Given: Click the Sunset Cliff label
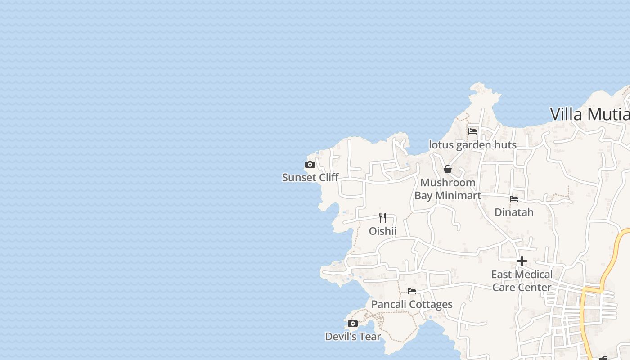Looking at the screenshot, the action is [310, 177].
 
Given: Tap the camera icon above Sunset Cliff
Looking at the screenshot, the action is [310, 165].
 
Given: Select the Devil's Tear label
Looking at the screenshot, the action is [353, 336].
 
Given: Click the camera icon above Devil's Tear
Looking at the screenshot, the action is [353, 324].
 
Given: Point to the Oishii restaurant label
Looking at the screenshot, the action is [382, 231].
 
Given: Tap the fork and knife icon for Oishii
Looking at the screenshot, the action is [382, 218].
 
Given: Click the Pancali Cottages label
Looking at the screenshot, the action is [412, 304].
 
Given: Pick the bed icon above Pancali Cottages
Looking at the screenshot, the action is [412, 291].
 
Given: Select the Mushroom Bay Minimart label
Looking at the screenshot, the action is [448, 189].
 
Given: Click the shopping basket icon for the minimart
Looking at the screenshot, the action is [448, 169].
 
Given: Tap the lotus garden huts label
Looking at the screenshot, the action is [472, 145].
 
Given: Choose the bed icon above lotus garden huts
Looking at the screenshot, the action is [472, 131].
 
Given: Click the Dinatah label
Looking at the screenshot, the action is [514, 212].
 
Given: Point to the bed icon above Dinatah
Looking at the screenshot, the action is [514, 199].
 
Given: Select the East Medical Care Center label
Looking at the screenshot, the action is [522, 281].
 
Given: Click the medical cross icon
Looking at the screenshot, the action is [522, 261].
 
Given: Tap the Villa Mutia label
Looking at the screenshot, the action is [589, 114].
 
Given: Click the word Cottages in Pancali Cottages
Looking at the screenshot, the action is [430, 304].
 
